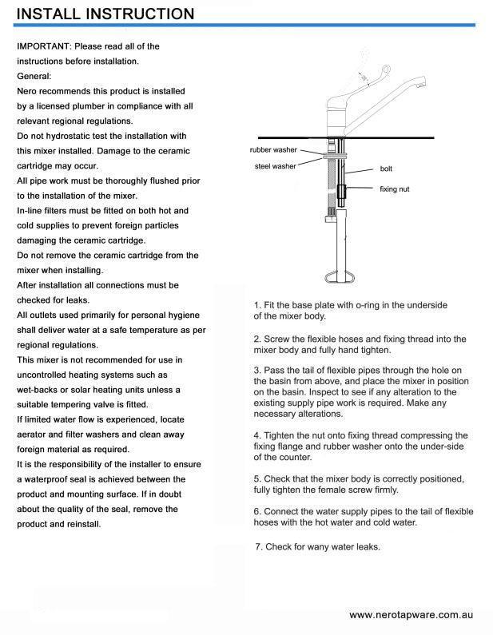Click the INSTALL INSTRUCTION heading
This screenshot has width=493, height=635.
pos(105,14)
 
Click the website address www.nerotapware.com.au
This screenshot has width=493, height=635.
pos(411,615)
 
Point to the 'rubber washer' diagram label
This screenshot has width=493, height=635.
pos(273,150)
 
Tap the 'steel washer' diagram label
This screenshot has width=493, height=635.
pos(275,166)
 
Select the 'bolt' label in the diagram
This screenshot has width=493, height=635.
pos(386,169)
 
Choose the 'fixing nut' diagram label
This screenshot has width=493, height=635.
pos(394,189)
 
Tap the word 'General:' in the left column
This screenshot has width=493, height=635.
pos(34,77)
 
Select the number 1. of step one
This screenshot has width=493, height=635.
pos(257,305)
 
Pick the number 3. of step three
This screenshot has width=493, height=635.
pos(257,371)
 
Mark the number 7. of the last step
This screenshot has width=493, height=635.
pos(259,547)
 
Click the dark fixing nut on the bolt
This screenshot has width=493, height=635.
pos(342,192)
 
